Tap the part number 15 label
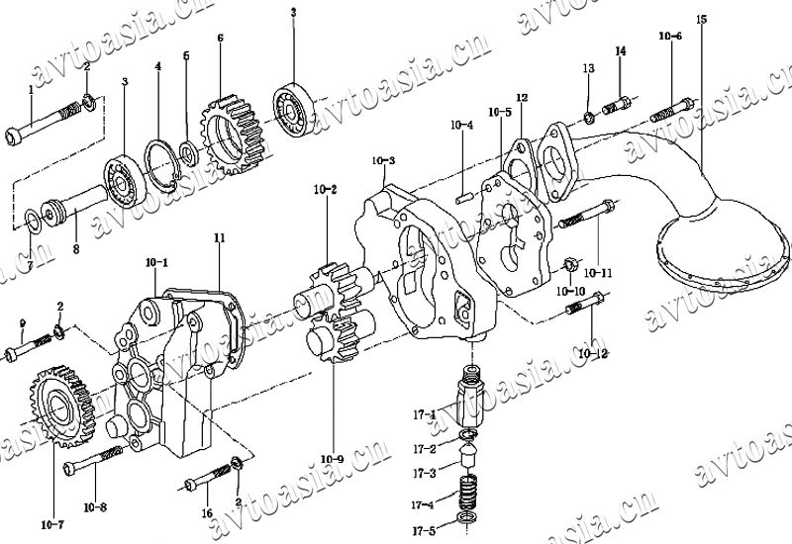pyautogui.click(x=701, y=19)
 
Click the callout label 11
pyautogui.click(x=219, y=238)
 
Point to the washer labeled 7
pyautogui.click(x=32, y=218)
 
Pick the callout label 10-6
pyautogui.click(x=670, y=37)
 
